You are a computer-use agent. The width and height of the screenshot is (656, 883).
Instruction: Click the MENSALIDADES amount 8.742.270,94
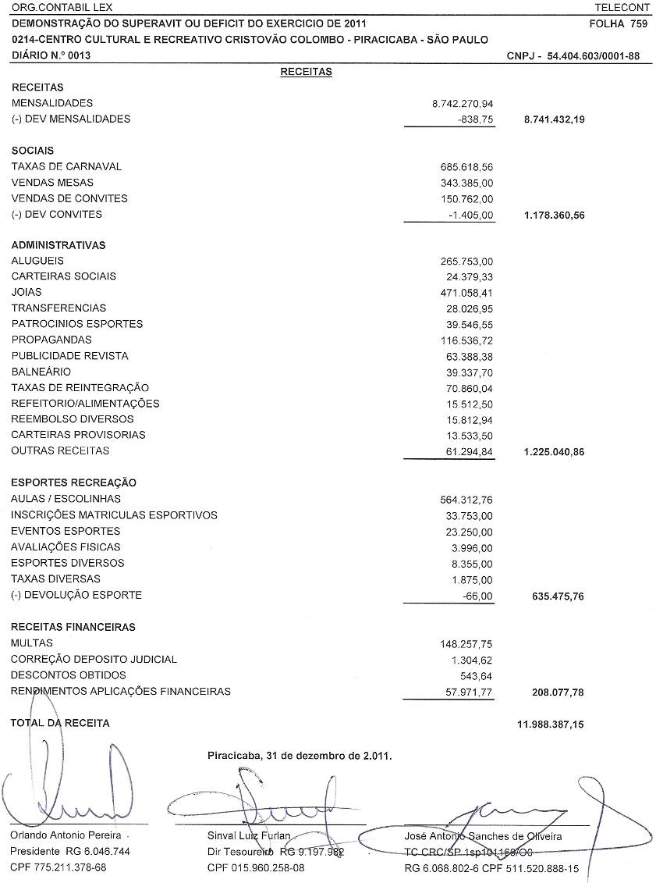coord(463,103)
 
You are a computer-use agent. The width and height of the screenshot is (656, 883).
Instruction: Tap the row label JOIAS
coord(26,292)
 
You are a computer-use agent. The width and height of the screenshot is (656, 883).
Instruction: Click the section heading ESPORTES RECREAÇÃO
coord(74,482)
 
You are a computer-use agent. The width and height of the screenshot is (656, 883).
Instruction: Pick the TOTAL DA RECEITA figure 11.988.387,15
coord(550,724)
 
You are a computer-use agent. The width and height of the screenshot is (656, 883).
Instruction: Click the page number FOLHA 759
coord(619,24)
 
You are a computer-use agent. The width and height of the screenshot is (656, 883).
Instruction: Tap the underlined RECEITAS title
coord(306,72)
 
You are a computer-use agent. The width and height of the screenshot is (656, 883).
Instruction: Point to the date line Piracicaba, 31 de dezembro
coord(300,756)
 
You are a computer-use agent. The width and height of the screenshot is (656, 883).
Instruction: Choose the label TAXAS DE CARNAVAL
coord(67,166)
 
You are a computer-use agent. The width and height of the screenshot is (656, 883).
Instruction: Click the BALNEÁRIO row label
coord(41,372)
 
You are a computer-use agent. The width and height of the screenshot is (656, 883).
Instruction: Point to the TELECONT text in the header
coord(622,7)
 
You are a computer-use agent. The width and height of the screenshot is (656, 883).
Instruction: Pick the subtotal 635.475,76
coord(555,596)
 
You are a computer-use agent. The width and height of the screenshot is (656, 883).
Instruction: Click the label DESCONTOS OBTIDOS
coord(68,675)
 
